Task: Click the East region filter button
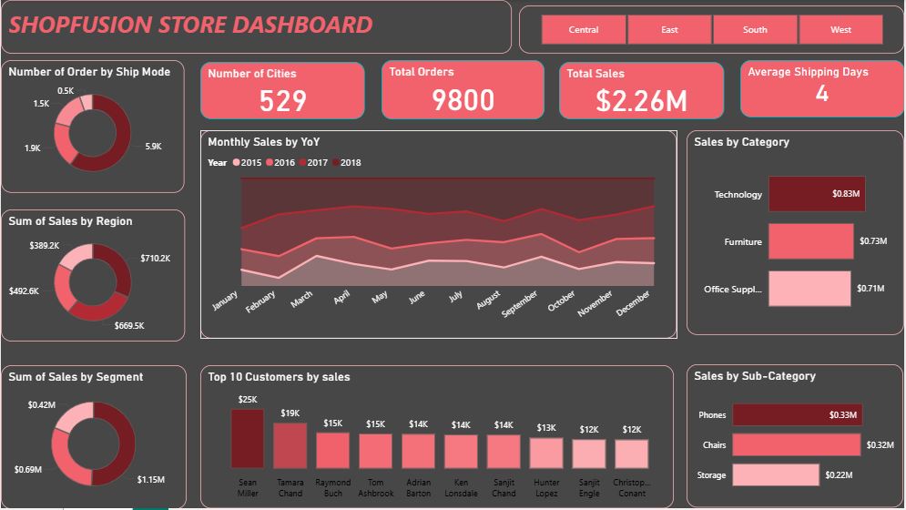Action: pyautogui.click(x=669, y=30)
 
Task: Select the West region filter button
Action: pyautogui.click(x=840, y=30)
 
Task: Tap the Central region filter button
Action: pyautogui.click(x=584, y=30)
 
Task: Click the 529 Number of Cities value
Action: pyautogui.click(x=282, y=100)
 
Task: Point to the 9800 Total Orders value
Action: pyautogui.click(x=463, y=100)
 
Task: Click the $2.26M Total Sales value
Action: pyautogui.click(x=641, y=101)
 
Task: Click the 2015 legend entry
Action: pyautogui.click(x=247, y=163)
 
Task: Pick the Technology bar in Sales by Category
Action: pyautogui.click(x=817, y=194)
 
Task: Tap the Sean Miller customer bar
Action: pyautogui.click(x=247, y=438)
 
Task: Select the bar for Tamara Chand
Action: pyautogui.click(x=290, y=445)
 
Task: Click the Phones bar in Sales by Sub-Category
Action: pyautogui.click(x=797, y=415)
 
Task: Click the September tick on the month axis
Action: pyautogui.click(x=521, y=301)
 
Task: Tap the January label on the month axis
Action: pyautogui.click(x=224, y=301)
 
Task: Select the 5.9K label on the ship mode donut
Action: pyautogui.click(x=153, y=147)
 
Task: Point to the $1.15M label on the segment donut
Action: pyautogui.click(x=150, y=479)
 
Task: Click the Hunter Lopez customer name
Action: pyautogui.click(x=546, y=488)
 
